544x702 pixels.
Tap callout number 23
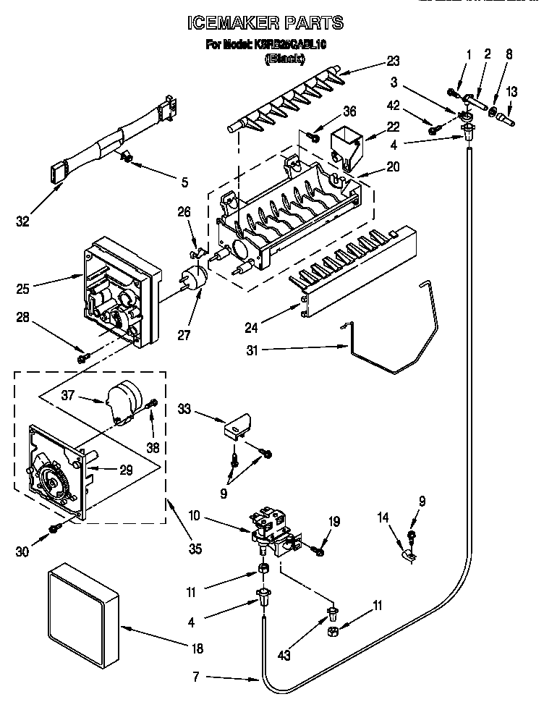click(x=393, y=60)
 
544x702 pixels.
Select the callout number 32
click(x=22, y=221)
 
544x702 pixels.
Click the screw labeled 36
click(x=315, y=134)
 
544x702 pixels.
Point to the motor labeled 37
click(x=119, y=402)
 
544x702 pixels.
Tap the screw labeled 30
click(x=54, y=530)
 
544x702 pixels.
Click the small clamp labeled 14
click(x=410, y=556)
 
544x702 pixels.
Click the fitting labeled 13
click(x=509, y=114)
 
